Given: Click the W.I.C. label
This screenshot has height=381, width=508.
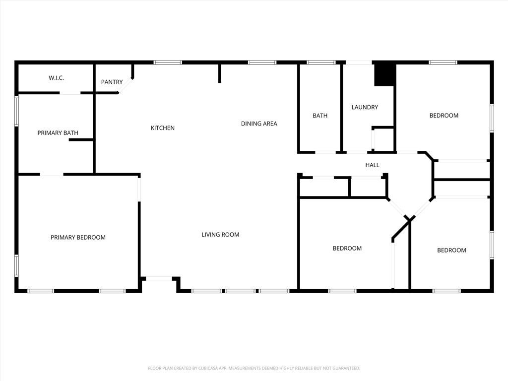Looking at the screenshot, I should point(56,78).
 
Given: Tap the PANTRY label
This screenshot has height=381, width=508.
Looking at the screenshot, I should point(112,82).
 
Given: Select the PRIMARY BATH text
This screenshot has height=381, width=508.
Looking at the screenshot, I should point(58,133).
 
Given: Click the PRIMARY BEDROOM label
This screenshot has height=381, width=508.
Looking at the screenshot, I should point(78,238).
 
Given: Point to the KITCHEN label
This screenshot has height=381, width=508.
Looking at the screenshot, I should point(163,128).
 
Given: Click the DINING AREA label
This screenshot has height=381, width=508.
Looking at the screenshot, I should point(259,124).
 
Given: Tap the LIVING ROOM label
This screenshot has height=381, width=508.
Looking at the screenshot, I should point(220,235).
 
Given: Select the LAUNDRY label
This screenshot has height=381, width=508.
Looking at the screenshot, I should point(365,107).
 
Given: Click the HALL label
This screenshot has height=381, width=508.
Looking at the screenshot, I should point(372,165).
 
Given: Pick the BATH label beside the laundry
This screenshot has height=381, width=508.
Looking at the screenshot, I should point(320,116).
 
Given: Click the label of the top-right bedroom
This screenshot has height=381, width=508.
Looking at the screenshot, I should point(444,116).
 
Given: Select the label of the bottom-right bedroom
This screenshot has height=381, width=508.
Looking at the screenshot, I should point(451,251).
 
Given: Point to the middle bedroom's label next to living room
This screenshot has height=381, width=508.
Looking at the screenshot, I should point(347,249).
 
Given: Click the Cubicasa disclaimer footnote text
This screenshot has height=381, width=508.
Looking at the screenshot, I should point(254,368).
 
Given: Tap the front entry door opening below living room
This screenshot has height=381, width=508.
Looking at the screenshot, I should point(159,279).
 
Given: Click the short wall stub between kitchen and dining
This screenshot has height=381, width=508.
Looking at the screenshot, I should point(219,73).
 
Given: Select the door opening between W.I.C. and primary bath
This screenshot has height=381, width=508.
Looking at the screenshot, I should point(70,93).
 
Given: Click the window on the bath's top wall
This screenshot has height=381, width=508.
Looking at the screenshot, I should point(321,63).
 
